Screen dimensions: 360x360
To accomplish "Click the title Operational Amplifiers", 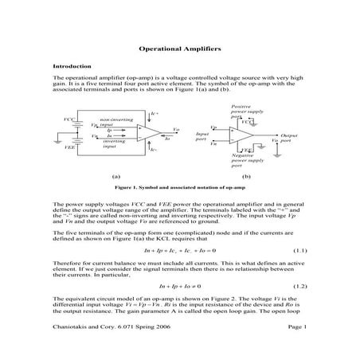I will [179, 49].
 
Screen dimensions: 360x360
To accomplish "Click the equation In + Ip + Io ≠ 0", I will [179, 285].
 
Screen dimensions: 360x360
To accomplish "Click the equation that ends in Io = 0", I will [179, 250].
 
